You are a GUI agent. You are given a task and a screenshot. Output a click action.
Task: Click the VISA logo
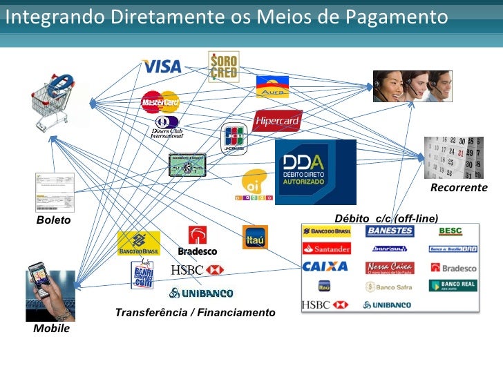pyautogui.click(x=162, y=66)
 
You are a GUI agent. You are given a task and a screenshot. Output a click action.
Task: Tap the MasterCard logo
pyautogui.click(x=160, y=102)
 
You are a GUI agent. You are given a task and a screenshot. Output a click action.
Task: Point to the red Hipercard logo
pyautogui.click(x=277, y=121)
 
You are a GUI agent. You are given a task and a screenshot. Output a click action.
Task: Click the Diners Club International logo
pyautogui.click(x=167, y=128)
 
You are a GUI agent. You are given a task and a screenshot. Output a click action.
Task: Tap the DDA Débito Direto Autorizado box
pyautogui.click(x=315, y=172)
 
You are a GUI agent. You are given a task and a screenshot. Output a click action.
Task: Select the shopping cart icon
pyautogui.click(x=55, y=104)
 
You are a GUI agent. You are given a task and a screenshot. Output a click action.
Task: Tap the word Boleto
pyautogui.click(x=54, y=220)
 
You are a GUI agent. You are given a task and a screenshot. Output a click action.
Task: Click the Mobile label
pyautogui.click(x=52, y=329)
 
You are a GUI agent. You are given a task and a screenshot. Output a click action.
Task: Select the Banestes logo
pyautogui.click(x=390, y=231)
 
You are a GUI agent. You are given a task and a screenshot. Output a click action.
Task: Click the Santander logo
pyautogui.click(x=327, y=249)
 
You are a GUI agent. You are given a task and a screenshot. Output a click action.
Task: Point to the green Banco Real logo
pyautogui.click(x=453, y=285)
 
